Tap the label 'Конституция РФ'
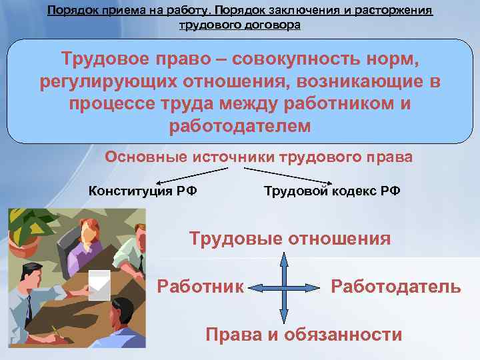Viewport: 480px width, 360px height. [x=143, y=191]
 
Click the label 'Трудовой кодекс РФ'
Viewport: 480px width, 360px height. [x=332, y=191]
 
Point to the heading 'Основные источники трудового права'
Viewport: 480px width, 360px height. [x=259, y=157]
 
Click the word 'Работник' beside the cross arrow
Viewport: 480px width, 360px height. [x=201, y=287]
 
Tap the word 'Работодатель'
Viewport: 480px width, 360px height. [x=395, y=287]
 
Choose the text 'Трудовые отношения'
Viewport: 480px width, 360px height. [x=290, y=239]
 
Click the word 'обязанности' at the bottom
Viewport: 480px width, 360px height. [x=343, y=334]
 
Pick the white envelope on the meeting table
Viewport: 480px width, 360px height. [x=99, y=283]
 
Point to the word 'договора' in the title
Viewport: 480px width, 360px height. [x=273, y=25]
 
